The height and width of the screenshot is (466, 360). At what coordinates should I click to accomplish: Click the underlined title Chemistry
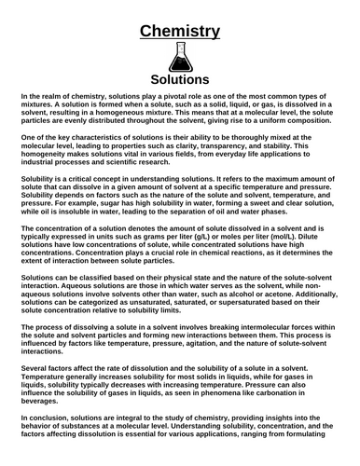tap(180, 32)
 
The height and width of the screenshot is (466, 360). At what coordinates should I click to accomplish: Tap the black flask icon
tap(180, 58)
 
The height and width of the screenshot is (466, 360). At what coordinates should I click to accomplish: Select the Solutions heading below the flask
tap(180, 80)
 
